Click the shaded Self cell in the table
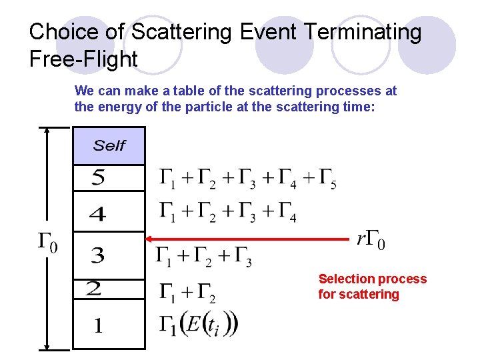(109, 145)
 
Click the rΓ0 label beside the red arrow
(371, 239)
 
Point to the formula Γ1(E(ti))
(198, 325)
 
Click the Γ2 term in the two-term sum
(205, 291)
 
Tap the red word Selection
(345, 279)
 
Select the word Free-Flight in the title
(83, 59)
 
